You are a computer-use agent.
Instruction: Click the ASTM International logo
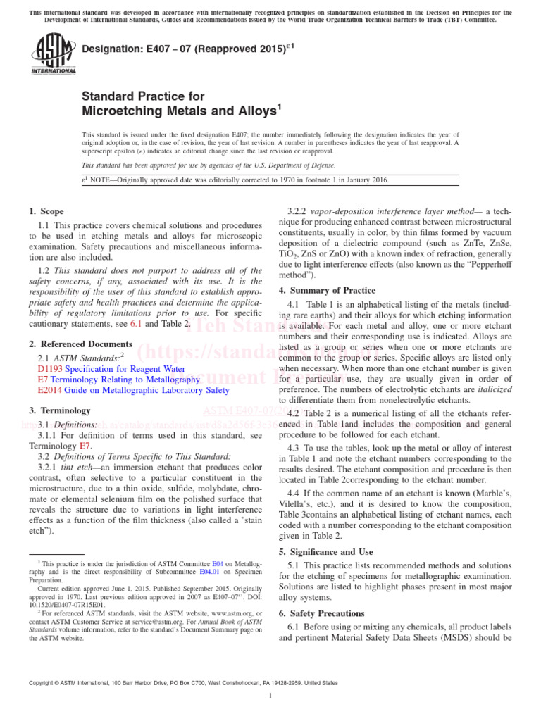(53, 56)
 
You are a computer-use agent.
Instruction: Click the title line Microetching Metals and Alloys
(182, 111)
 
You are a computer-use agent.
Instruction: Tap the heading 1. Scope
(46, 211)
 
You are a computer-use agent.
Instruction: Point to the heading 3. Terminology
(60, 410)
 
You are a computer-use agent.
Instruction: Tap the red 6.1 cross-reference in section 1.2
(137, 323)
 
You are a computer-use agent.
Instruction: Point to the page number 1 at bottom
(270, 696)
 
